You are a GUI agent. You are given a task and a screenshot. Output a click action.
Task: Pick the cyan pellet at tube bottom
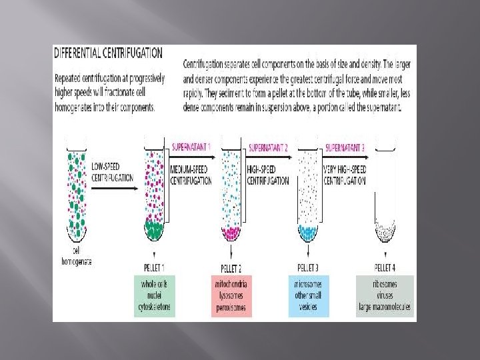pos(308,233)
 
